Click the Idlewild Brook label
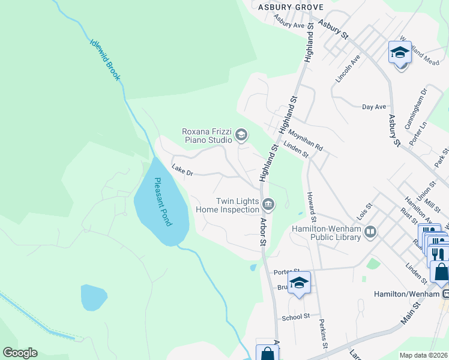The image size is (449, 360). tap(105, 60)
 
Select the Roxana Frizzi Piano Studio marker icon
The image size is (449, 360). tap(241, 135)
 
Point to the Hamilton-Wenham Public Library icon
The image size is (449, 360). tap(370, 232)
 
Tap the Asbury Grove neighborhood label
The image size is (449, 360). tap(291, 7)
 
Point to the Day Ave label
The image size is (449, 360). tap(374, 107)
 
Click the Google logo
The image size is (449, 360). tap(20, 353)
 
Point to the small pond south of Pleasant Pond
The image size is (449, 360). tap(94, 297)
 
